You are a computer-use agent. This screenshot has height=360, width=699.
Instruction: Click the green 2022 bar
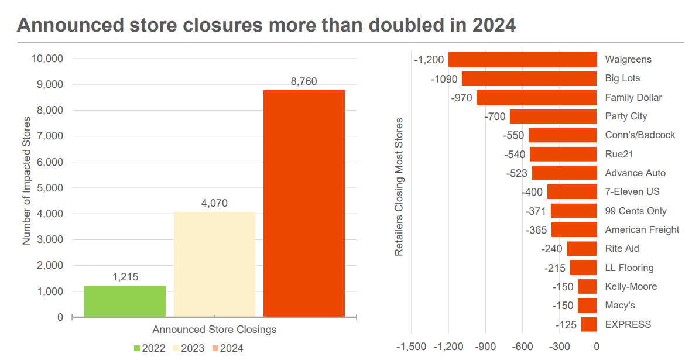pos(125,301)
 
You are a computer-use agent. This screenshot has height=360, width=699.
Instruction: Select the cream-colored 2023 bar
pos(214,265)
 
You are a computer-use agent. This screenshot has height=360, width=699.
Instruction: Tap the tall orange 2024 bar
pos(304,204)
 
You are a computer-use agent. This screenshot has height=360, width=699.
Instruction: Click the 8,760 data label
pos(304,81)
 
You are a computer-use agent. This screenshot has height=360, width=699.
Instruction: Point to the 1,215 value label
pos(125,277)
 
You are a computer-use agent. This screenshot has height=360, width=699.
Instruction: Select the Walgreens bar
pos(522,59)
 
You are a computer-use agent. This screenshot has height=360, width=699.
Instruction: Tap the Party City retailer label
pos(626,116)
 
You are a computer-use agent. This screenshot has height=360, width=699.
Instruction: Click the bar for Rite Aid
pos(581,249)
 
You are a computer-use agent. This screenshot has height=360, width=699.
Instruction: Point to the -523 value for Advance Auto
pos(517,173)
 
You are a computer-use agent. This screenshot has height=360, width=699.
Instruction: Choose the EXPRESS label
pos(628,324)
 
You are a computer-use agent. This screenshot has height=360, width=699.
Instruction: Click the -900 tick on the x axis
pos(484,347)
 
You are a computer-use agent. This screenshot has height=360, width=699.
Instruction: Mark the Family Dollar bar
pos(536,97)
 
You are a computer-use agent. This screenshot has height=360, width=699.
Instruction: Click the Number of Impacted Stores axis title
pos(26,180)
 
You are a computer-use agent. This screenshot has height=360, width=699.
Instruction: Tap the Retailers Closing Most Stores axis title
pos(399,187)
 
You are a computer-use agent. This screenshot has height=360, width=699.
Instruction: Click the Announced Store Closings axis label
pos(214,330)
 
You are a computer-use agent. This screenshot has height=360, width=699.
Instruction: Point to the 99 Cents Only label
pos(636,211)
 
